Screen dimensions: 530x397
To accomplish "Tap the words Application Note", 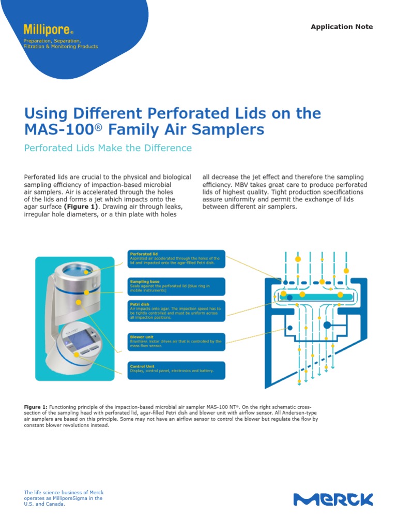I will point(342,27).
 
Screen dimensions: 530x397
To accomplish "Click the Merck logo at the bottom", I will point(333,499).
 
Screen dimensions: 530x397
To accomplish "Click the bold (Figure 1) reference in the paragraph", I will point(81,207).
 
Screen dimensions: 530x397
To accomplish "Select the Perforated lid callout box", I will point(176,258).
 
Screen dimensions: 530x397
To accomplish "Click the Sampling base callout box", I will point(176,286).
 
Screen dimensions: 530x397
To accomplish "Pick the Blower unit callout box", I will point(176,342).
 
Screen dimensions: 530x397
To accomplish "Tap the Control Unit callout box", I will point(176,369).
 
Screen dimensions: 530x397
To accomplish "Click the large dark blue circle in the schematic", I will point(327,325).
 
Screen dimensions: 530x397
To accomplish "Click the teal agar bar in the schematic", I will point(316,296).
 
